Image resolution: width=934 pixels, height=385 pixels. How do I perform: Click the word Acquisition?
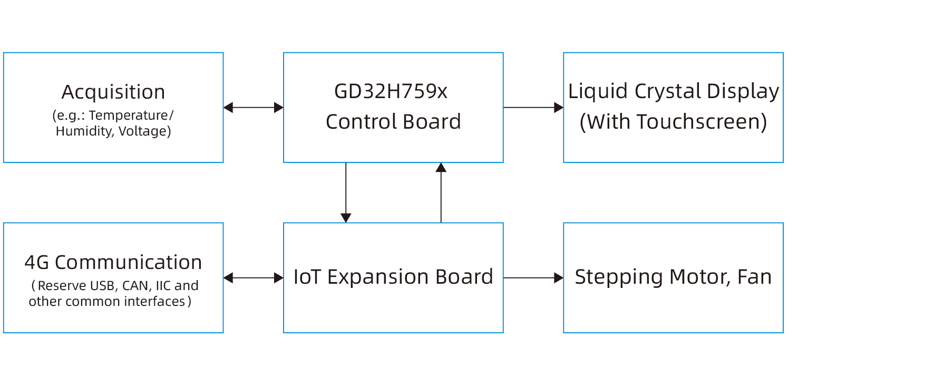click(113, 92)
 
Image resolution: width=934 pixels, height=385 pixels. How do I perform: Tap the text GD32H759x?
click(391, 92)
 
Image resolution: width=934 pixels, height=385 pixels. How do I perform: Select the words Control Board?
click(393, 122)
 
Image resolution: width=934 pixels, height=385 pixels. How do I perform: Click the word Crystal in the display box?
click(668, 92)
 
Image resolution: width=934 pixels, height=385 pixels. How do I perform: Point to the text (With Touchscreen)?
click(673, 122)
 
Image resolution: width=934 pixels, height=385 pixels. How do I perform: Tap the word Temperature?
click(128, 115)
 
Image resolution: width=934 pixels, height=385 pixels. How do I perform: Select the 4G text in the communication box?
click(36, 263)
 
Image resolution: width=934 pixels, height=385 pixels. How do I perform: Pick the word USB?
click(102, 286)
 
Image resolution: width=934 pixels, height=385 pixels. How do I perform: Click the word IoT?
click(307, 277)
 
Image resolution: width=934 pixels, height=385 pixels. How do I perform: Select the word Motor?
click(696, 277)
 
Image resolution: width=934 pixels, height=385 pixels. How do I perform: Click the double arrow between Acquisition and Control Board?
click(254, 108)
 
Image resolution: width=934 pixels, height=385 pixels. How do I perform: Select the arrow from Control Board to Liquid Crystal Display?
click(533, 108)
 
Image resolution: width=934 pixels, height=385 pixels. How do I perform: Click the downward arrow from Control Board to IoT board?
click(346, 192)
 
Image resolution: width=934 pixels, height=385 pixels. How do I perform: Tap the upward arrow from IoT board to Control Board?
click(441, 192)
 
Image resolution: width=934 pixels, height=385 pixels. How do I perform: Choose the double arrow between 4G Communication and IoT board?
click(254, 278)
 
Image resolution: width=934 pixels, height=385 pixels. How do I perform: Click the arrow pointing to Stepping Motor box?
click(533, 278)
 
